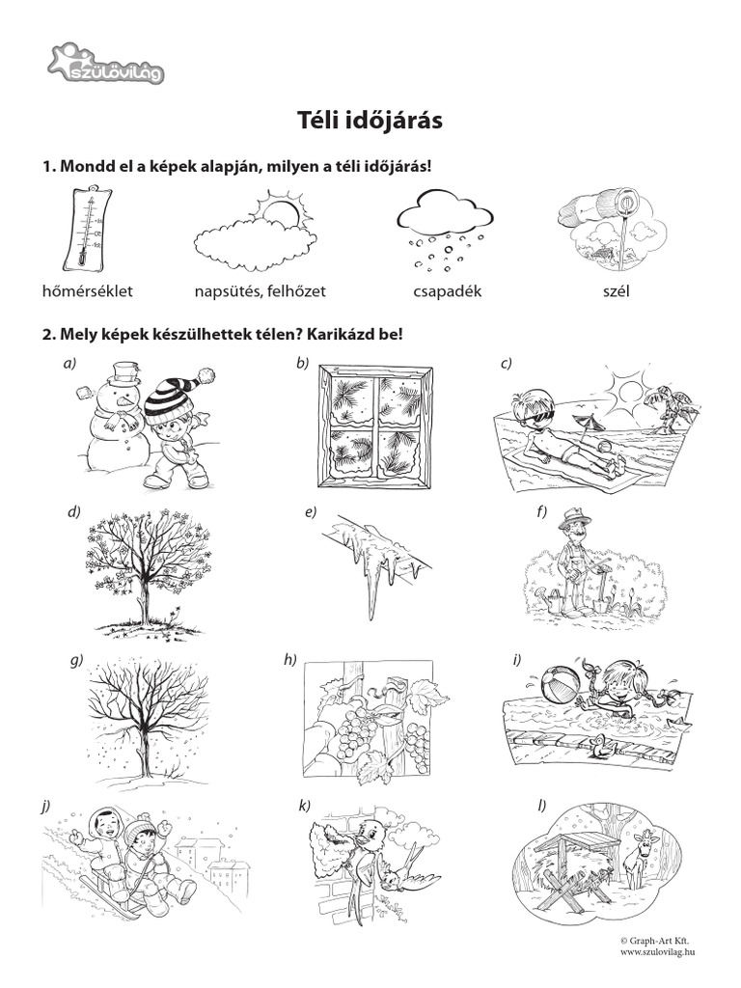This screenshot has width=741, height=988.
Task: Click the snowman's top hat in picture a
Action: [x=124, y=372]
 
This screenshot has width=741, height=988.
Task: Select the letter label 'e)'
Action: [x=310, y=512]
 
